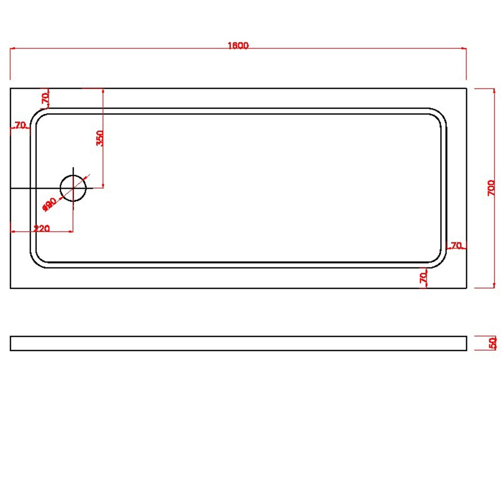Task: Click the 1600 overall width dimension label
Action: (238, 45)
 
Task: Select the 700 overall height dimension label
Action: (491, 188)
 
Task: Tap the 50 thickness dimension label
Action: (493, 343)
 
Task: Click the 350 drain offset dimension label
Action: (100, 138)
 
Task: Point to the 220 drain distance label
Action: (41, 229)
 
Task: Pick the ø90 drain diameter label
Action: (50, 204)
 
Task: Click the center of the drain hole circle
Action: (73, 188)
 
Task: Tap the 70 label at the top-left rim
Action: (45, 98)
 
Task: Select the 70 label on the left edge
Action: (20, 125)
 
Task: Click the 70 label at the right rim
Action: (456, 246)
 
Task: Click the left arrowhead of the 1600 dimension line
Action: (11, 49)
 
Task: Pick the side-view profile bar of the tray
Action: (238, 343)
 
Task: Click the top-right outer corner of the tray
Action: (466, 88)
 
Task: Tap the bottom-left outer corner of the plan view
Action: (11, 288)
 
